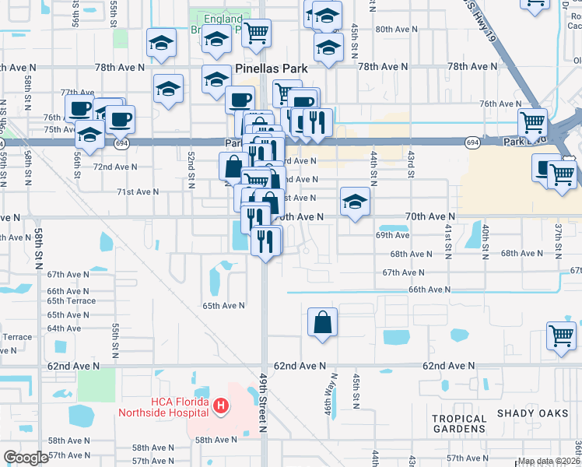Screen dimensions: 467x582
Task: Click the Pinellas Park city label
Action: (x=271, y=68)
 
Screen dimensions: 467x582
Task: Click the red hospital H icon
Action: (x=221, y=406)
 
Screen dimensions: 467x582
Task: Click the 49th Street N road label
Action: (x=263, y=413)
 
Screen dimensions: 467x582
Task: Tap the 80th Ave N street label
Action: (x=397, y=30)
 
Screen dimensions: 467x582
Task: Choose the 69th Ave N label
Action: (x=393, y=234)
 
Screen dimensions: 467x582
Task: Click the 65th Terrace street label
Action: (x=72, y=301)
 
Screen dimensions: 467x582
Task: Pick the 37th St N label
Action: (x=558, y=241)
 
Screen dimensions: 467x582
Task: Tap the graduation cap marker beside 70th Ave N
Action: (x=355, y=202)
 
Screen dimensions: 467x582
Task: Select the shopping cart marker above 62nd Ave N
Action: (x=560, y=335)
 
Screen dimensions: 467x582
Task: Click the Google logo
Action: (x=26, y=458)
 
